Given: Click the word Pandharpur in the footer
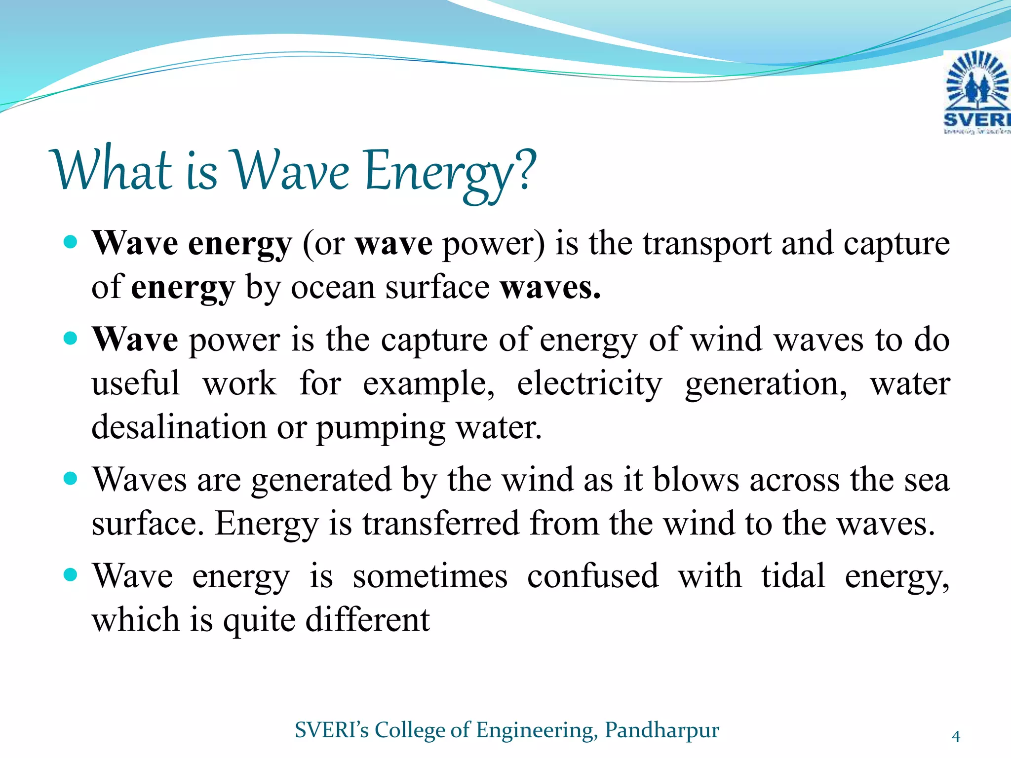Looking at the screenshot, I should pos(662,730).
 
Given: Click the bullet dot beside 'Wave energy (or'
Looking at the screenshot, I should pos(71,242).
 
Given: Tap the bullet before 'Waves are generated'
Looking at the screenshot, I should pos(71,478).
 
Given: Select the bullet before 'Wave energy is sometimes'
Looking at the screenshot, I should pos(71,574).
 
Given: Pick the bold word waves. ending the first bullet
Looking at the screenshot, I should pos(550,288).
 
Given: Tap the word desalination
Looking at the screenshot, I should pos(179,427).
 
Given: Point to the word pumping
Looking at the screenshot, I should pos(380,429).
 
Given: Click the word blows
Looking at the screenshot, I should pos(696,480).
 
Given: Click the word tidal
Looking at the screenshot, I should pos(793,575).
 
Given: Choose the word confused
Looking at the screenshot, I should pos(592,576).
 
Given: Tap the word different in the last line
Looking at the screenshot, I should pos(367,620).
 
